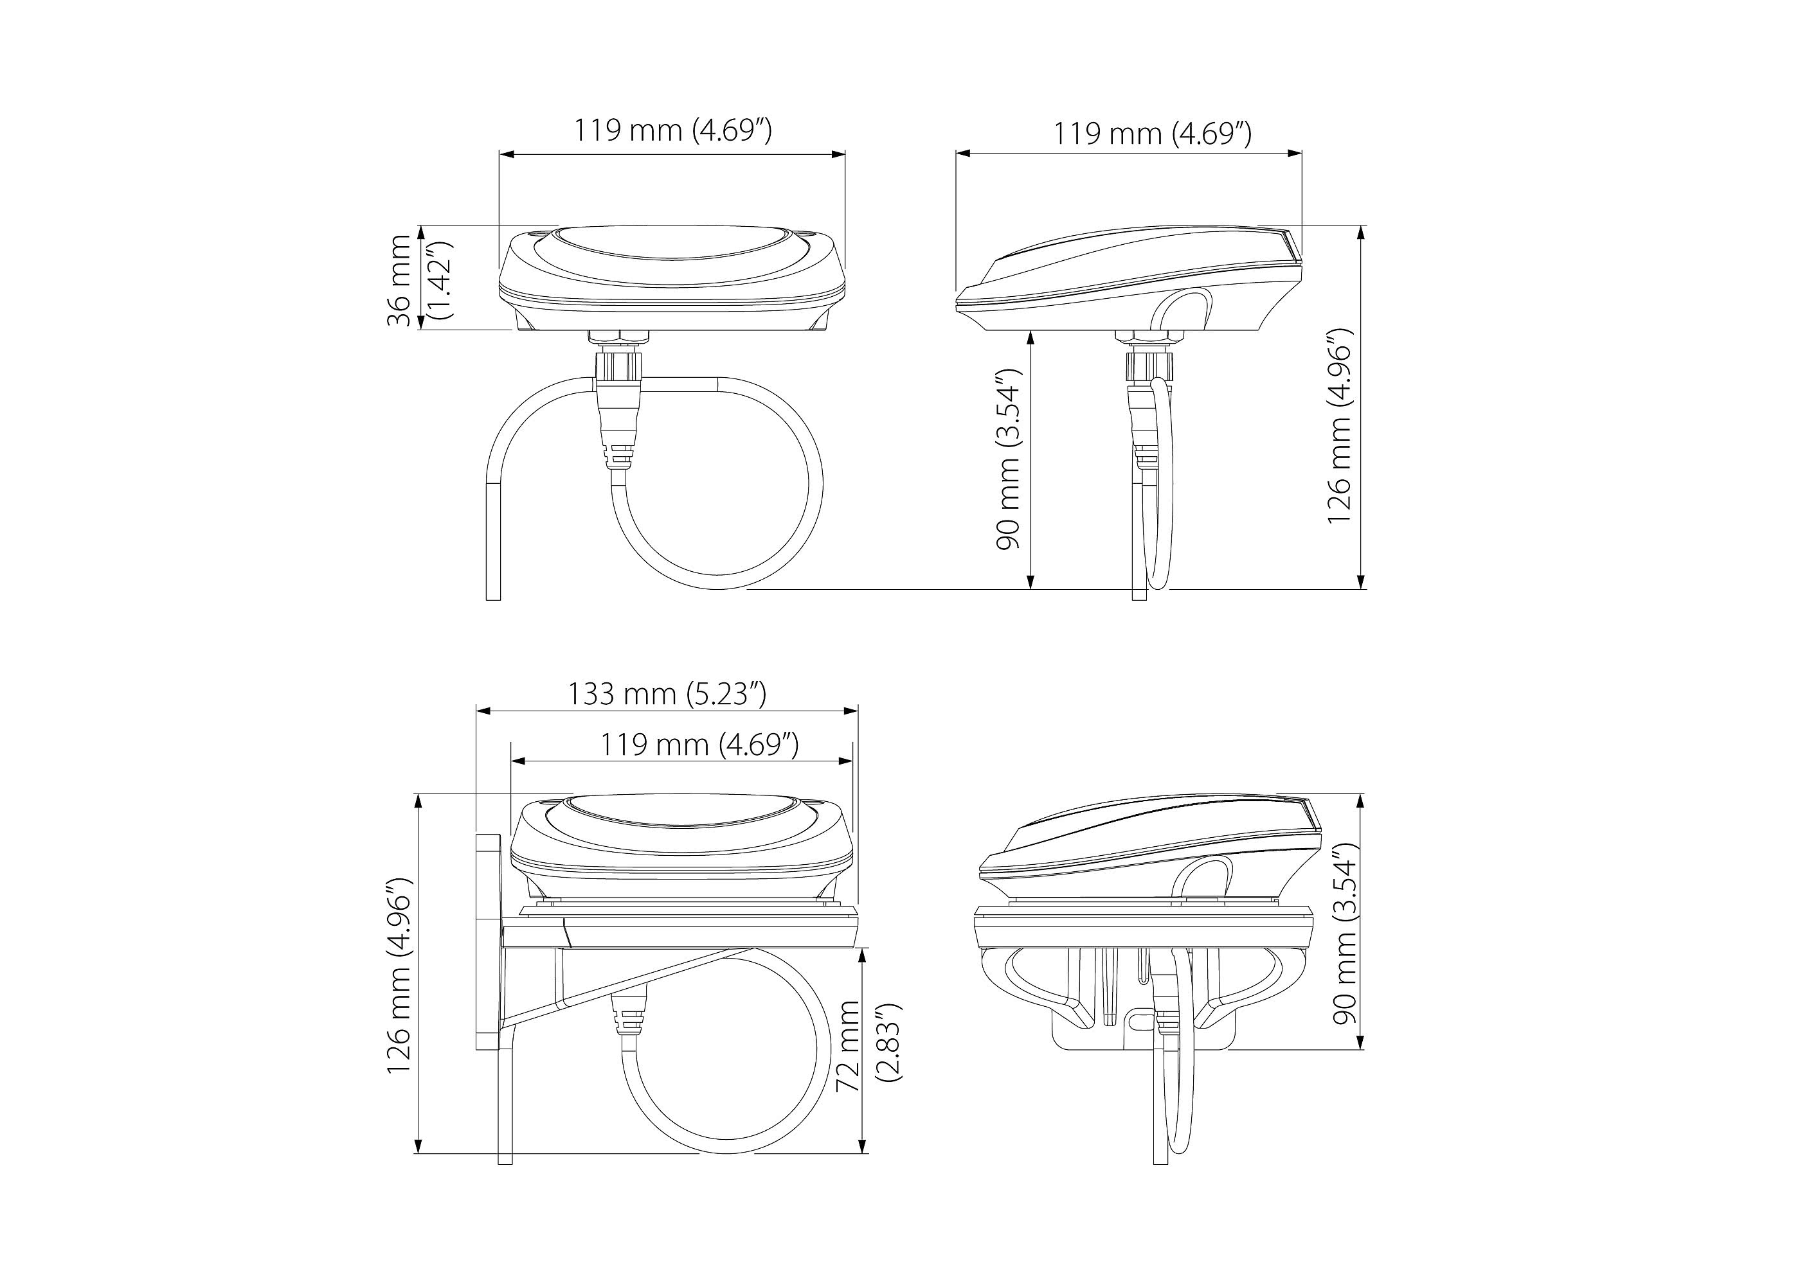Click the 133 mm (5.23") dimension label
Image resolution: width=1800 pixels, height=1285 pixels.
point(667,694)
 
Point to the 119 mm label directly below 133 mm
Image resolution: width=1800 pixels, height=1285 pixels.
point(699,744)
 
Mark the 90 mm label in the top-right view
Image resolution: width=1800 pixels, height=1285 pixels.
point(1010,458)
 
